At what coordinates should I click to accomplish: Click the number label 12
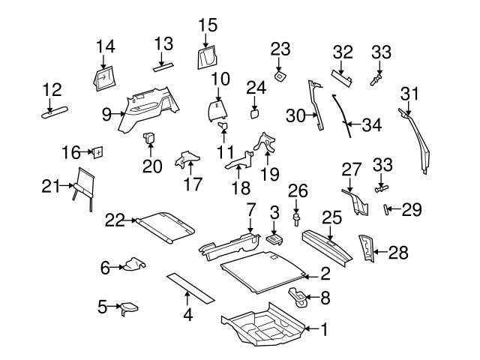(x=52, y=90)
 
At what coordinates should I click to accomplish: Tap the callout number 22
(x=115, y=220)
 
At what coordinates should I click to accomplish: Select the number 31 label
(x=409, y=94)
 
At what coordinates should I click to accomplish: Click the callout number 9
(x=106, y=114)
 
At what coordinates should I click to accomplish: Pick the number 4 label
(x=187, y=316)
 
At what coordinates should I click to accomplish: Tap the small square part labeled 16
(x=97, y=152)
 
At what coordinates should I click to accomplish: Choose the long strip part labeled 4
(x=190, y=287)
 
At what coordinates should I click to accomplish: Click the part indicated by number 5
(x=130, y=306)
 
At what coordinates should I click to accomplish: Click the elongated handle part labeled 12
(x=54, y=112)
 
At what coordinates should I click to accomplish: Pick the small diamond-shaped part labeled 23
(x=280, y=75)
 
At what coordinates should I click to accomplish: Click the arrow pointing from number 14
(x=106, y=63)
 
